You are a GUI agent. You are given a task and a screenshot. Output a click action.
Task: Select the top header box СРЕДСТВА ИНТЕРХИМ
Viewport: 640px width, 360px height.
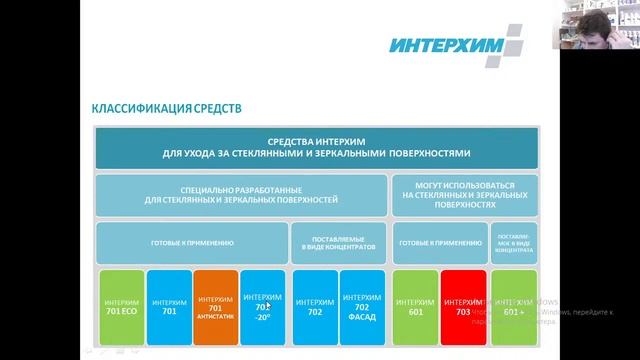tap(316, 148)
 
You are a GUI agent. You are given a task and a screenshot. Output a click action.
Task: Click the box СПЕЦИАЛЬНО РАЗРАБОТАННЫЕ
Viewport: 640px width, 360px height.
tap(240, 194)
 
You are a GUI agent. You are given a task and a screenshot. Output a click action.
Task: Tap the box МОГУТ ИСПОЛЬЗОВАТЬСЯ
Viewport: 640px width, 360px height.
tap(464, 194)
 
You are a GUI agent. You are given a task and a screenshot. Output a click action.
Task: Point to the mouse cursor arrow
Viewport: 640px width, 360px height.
tap(269, 306)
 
